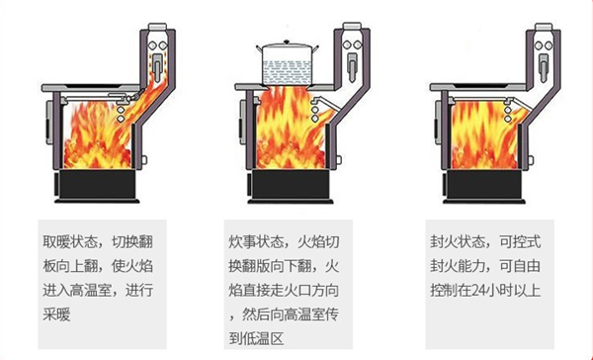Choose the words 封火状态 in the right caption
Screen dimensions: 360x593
tap(447, 241)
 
